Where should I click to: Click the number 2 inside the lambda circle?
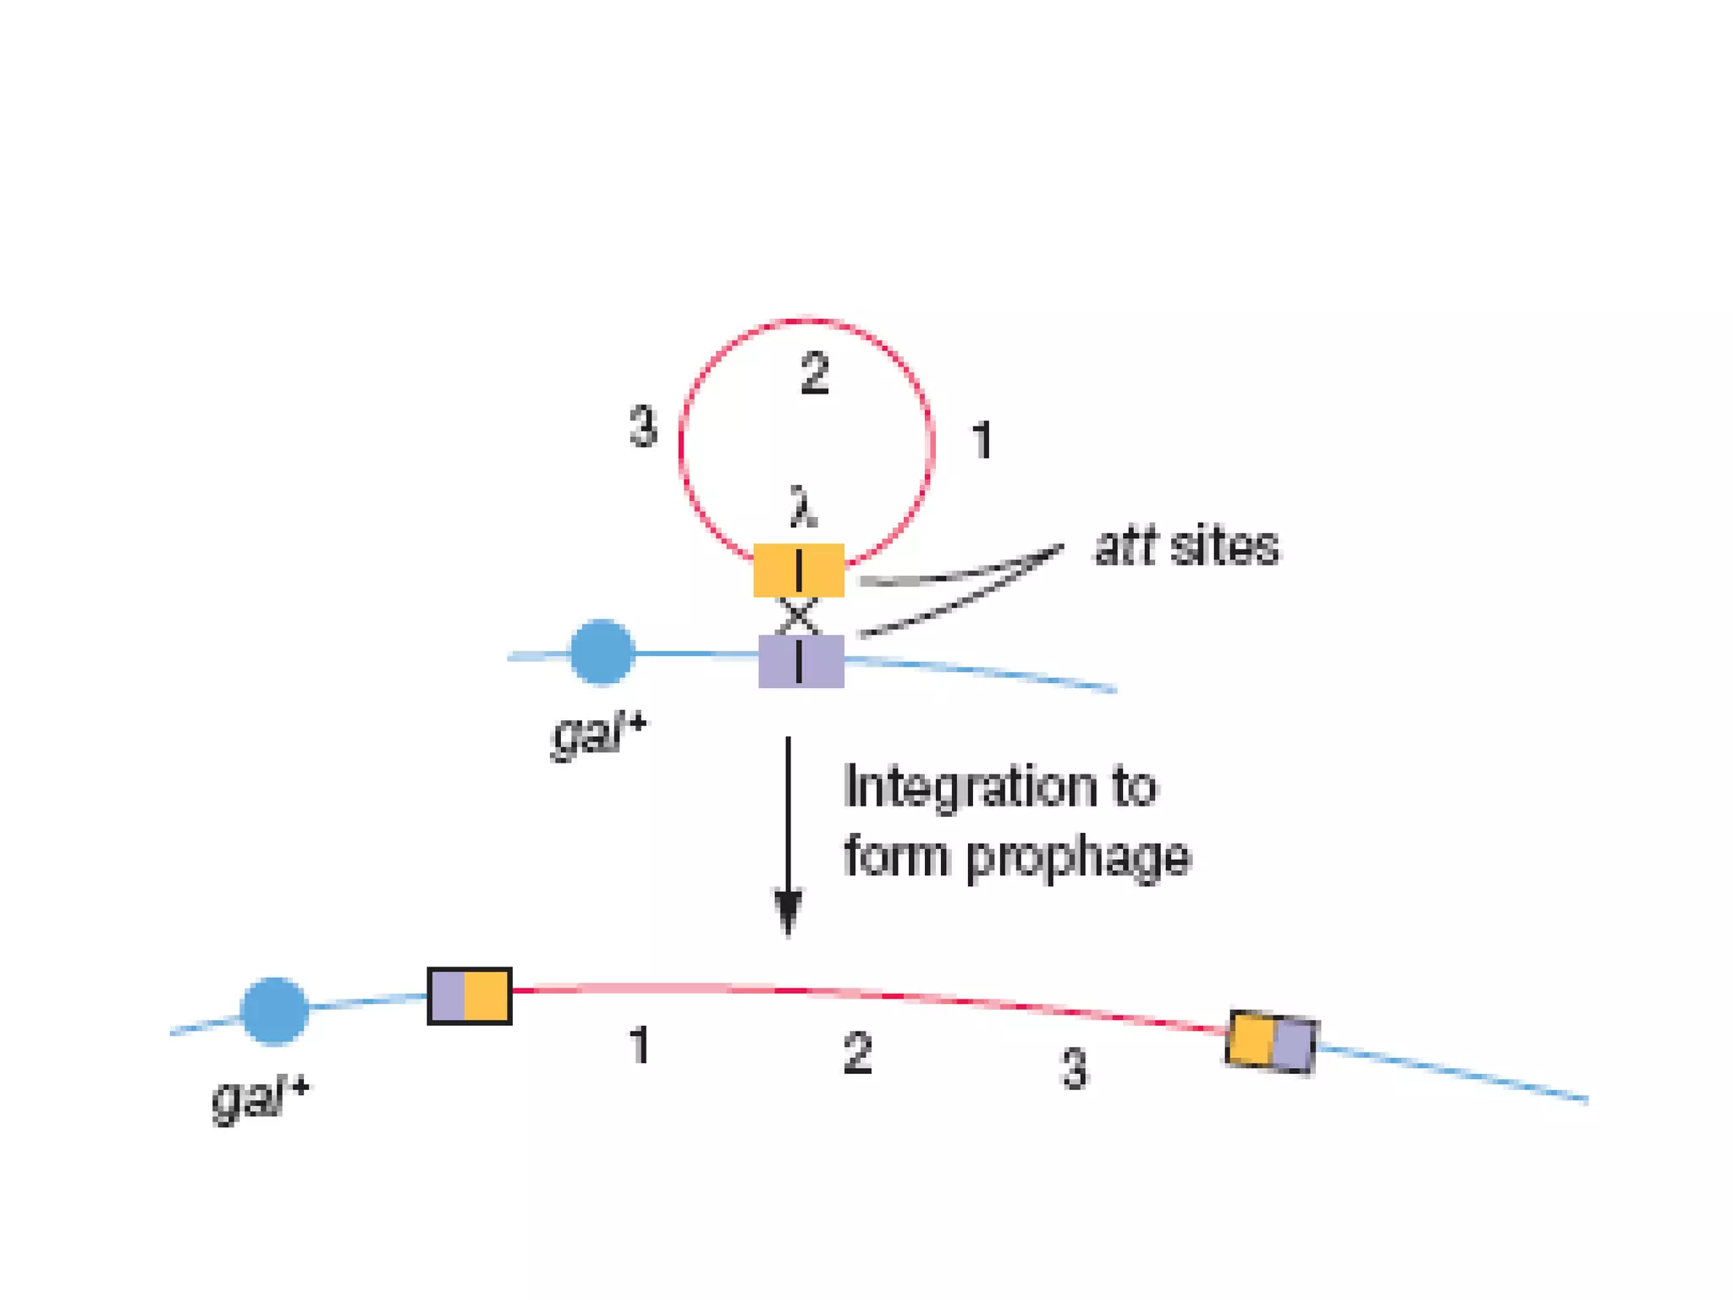814,373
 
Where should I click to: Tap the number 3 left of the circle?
644,426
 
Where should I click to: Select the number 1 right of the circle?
982,440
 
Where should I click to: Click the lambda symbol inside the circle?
803,507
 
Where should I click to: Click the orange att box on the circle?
799,570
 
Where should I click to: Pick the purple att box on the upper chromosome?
800,661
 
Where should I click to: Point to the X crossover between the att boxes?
798,616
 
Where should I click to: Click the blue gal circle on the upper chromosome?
602,652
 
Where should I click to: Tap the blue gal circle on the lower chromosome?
274,1011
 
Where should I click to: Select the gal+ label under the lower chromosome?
260,1098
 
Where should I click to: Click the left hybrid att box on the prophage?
470,996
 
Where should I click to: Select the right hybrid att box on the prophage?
1271,1042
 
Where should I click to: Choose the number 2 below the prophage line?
857,1053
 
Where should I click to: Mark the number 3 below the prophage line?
1074,1067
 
